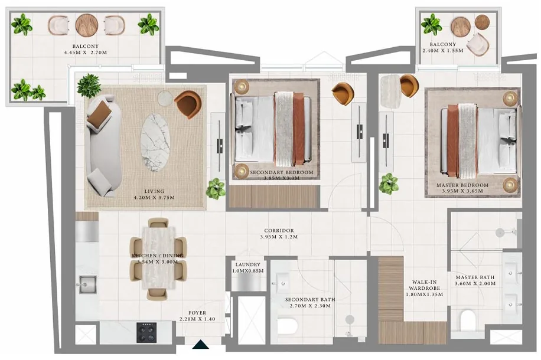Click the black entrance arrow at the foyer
click(200, 344)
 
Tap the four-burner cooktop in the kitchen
click(146, 332)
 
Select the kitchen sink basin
click(87, 285)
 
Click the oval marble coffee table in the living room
click(155, 142)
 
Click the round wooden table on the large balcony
click(87, 25)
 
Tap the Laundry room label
click(247, 264)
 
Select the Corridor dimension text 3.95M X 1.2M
click(279, 237)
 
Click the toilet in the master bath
click(468, 320)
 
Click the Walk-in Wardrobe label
click(425, 285)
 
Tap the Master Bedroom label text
click(462, 185)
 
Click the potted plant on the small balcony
click(431, 24)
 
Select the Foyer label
click(197, 313)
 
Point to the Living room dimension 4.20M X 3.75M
click(154, 198)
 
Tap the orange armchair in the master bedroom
click(409, 86)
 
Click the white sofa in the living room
click(103, 146)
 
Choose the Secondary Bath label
click(310, 299)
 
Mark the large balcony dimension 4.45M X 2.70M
click(86, 53)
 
